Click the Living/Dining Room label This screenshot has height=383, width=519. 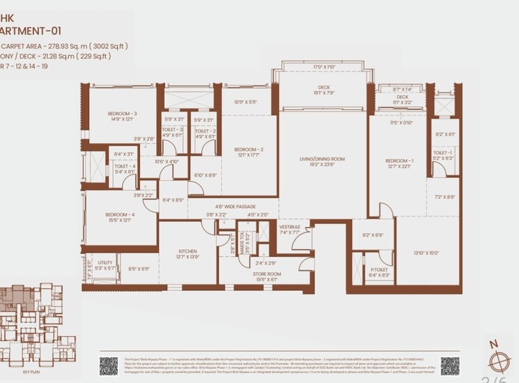[x=322, y=160]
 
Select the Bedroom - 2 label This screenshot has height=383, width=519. [x=248, y=149]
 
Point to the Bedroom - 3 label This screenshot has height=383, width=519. [x=121, y=114]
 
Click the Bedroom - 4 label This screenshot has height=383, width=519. [x=119, y=214]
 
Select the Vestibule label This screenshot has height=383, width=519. [x=289, y=227]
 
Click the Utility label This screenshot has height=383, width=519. [x=105, y=262]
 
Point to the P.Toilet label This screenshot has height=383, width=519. [x=379, y=269]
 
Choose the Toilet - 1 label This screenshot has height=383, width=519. [x=442, y=153]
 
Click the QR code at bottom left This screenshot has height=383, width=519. [x=109, y=366]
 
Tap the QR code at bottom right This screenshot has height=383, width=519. [x=449, y=366]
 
